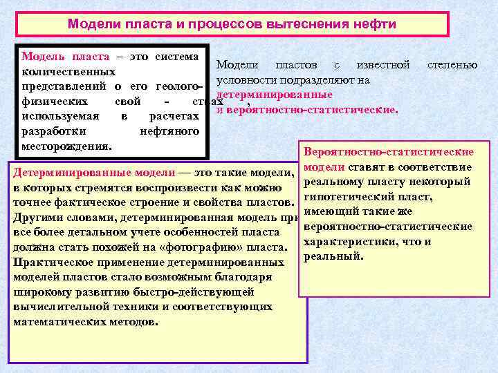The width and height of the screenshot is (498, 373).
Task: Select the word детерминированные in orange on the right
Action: (275, 94)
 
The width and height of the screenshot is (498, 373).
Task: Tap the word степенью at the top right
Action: (452, 65)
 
